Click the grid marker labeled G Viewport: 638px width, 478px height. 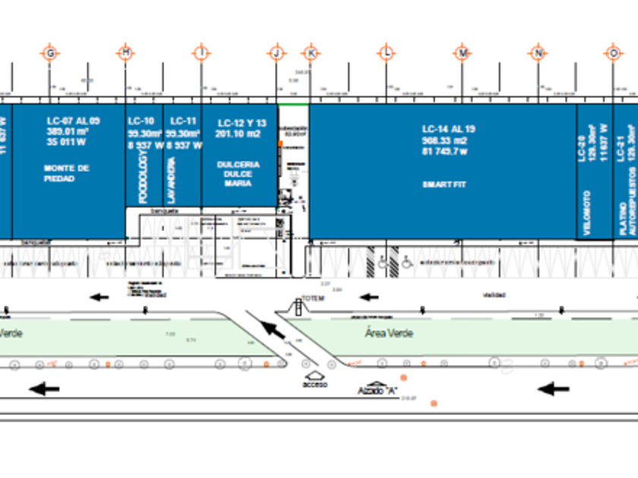[x=51, y=52]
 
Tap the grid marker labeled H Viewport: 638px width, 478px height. [x=125, y=52]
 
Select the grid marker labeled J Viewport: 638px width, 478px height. [x=276, y=52]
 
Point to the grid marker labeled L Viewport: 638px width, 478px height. [x=387, y=52]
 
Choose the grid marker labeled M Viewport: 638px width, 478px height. [x=463, y=52]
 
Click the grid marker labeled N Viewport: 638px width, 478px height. [x=539, y=52]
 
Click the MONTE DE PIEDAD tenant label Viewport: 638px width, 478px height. [x=67, y=173]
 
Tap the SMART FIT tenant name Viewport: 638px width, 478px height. [x=444, y=184]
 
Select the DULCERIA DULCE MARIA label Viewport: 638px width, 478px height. [x=238, y=173]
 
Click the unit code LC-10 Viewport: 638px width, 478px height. [x=141, y=121]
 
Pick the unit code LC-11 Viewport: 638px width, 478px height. [x=183, y=121]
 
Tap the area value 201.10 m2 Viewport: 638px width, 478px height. [x=238, y=134]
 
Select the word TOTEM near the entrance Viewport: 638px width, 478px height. [x=313, y=298]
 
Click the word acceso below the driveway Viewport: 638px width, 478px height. [x=314, y=385]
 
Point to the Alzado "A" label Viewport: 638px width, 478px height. [x=379, y=390]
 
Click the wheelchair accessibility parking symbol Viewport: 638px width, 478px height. [x=406, y=262]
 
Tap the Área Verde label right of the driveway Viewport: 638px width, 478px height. [x=389, y=333]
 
